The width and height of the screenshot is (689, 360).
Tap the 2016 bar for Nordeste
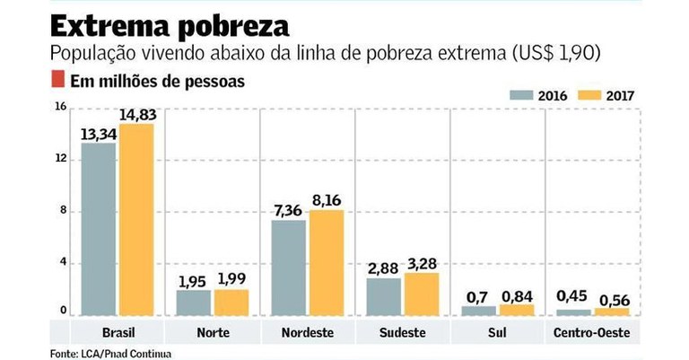click(289, 268)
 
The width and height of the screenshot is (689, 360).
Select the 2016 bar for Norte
click(192, 303)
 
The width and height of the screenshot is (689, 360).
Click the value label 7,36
click(288, 209)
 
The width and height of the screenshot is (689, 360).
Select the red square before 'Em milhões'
click(57, 80)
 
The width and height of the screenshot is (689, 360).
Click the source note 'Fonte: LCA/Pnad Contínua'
click(109, 353)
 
